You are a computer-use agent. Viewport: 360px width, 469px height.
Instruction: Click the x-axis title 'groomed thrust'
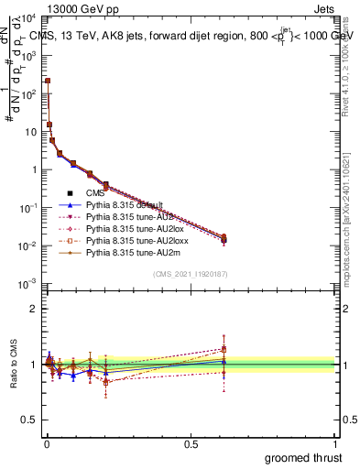point(304,457)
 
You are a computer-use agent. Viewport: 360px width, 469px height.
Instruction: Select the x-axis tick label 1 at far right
point(336,442)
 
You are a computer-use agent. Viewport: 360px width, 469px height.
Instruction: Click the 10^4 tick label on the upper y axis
point(29,17)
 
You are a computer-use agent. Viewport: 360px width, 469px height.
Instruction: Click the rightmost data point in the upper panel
point(224,239)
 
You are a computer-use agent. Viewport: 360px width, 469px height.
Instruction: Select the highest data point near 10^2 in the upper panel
point(48,81)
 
